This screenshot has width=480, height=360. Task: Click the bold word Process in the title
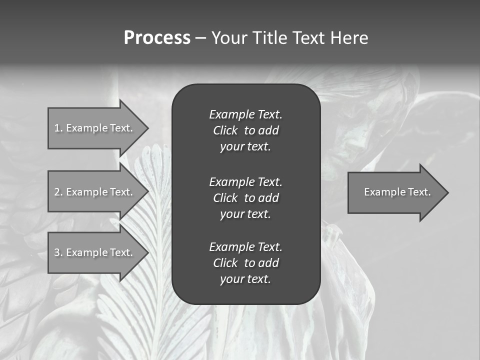coord(157,38)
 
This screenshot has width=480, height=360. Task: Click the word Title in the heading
coord(268,38)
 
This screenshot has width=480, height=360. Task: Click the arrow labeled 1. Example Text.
coord(93,128)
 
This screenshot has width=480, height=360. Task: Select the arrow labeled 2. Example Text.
coord(93,192)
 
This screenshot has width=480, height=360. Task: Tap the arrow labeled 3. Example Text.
coord(93,252)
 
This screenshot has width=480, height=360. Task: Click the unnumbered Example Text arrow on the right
coord(397,192)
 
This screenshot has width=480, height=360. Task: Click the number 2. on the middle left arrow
coord(58,192)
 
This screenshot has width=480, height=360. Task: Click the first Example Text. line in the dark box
coord(245,114)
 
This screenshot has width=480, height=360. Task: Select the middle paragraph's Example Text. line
coord(245,181)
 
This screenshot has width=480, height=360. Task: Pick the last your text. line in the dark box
coord(245,279)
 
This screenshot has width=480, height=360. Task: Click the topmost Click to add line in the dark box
coord(245,130)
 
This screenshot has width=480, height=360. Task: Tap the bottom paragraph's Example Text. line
coord(245,246)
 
